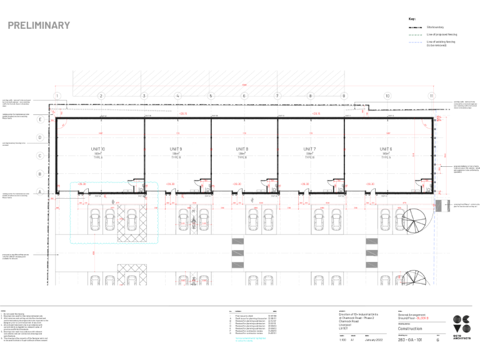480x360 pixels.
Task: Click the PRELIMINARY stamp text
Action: [x=39, y=26]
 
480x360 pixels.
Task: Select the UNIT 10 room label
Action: [x=98, y=149]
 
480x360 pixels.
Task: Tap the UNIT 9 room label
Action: [x=176, y=149]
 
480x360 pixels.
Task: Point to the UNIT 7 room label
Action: [x=309, y=149]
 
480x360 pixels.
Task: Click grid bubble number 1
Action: [x=57, y=96]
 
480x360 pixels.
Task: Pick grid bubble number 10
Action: [x=387, y=96]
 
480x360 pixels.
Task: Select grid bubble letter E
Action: [x=41, y=119]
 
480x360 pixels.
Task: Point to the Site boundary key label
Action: [x=435, y=27]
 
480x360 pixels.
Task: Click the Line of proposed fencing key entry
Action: [x=440, y=34]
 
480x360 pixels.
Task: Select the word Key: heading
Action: [x=411, y=19]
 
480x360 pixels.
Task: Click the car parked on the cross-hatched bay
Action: [x=131, y=219]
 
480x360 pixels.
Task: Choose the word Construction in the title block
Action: [x=410, y=329]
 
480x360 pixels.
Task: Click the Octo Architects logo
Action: [x=461, y=328]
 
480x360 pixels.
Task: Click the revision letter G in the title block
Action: [x=437, y=340]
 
